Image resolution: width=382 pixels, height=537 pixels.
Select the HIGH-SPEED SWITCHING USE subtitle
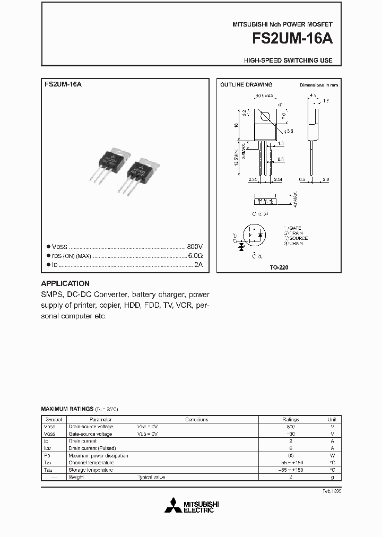click(x=288, y=60)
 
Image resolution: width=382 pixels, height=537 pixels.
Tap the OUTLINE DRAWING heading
click(x=246, y=85)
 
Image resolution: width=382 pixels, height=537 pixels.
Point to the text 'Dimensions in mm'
click(x=319, y=85)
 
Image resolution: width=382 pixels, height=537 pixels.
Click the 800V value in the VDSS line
click(x=195, y=247)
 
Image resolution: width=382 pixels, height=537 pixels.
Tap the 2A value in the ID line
click(x=198, y=264)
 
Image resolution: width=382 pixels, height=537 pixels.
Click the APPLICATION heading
click(x=65, y=283)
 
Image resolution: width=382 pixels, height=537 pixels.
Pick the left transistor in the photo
click(x=112, y=161)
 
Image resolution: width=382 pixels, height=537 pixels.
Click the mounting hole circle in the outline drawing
click(x=266, y=116)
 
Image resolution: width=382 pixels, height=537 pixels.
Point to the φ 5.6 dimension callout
click(x=289, y=130)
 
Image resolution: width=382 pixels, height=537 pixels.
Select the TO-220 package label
click(x=279, y=268)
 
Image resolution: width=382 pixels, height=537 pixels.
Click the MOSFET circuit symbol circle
click(x=254, y=235)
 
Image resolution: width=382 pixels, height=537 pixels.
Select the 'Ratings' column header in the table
click(x=290, y=419)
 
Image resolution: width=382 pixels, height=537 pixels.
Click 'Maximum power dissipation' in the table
click(x=98, y=456)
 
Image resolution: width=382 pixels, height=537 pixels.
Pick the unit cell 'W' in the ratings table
click(x=332, y=456)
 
